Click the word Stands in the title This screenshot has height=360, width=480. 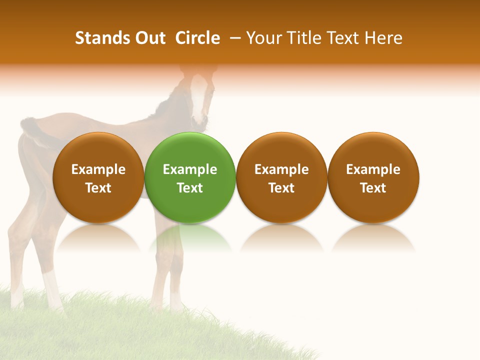(x=97, y=38)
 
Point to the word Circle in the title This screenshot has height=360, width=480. (x=197, y=38)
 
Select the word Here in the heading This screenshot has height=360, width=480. (x=383, y=38)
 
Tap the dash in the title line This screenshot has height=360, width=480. (x=234, y=38)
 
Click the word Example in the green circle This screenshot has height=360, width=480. (x=190, y=169)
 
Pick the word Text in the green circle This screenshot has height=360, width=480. (x=190, y=188)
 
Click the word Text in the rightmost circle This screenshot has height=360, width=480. (x=373, y=188)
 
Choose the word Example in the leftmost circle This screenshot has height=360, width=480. (x=98, y=169)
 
